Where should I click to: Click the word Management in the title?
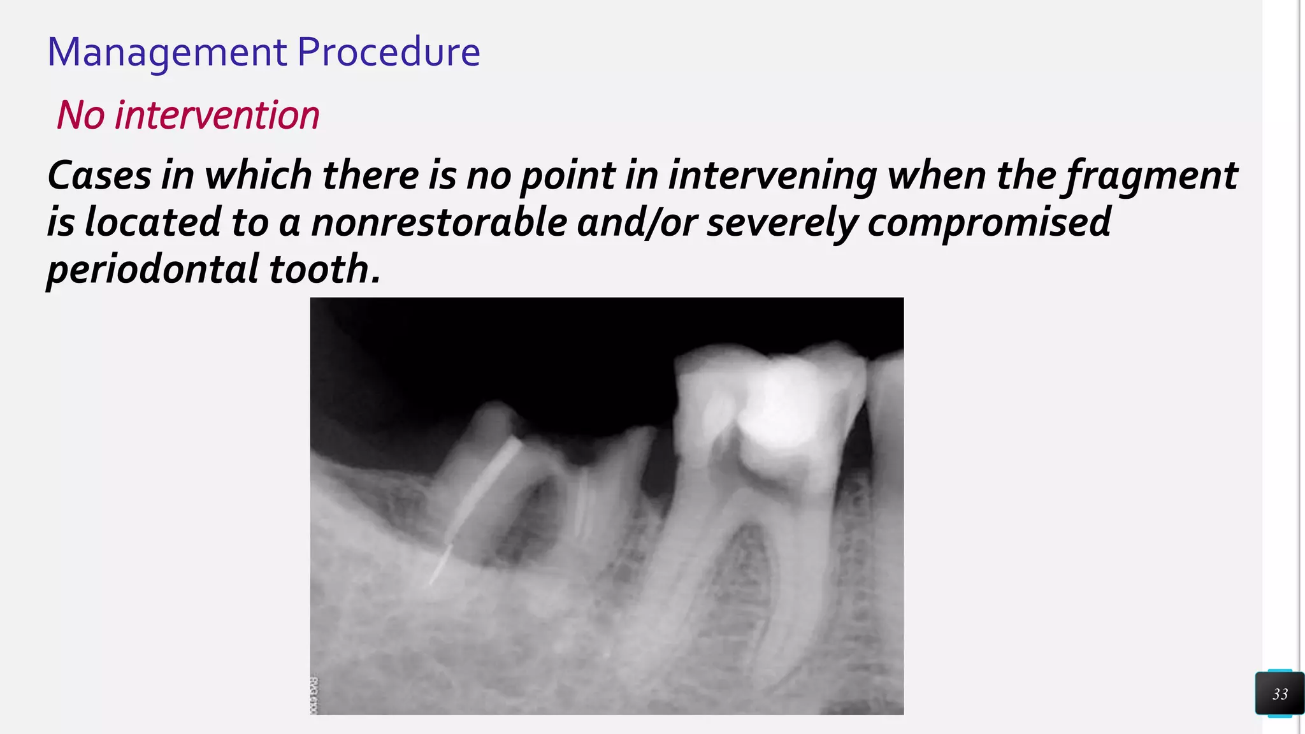click(x=167, y=52)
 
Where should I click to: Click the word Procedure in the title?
click(x=388, y=52)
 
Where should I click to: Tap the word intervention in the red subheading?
click(x=217, y=115)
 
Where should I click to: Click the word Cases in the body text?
click(x=99, y=175)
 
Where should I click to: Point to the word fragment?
click(x=1152, y=176)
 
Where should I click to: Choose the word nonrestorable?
click(x=438, y=222)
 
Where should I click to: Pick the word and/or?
click(x=637, y=223)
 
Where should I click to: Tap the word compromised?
click(x=989, y=223)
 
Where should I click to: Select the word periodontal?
click(x=152, y=270)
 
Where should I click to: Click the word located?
click(x=152, y=222)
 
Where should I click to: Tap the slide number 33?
click(x=1280, y=694)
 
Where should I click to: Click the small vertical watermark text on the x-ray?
click(x=314, y=694)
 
